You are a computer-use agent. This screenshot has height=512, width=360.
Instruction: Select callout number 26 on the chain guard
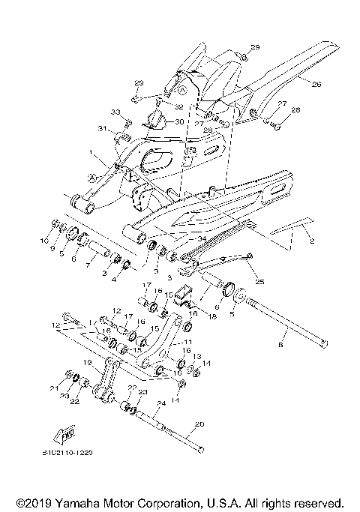tap(316, 84)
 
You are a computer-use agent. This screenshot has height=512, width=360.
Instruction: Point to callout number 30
tap(178, 121)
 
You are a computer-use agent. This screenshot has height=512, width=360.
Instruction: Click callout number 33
tap(115, 112)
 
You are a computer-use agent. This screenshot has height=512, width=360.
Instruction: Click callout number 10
tap(44, 242)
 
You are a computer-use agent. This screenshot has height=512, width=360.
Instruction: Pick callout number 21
tap(53, 388)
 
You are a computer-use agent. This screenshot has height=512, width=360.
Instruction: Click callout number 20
tap(198, 424)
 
